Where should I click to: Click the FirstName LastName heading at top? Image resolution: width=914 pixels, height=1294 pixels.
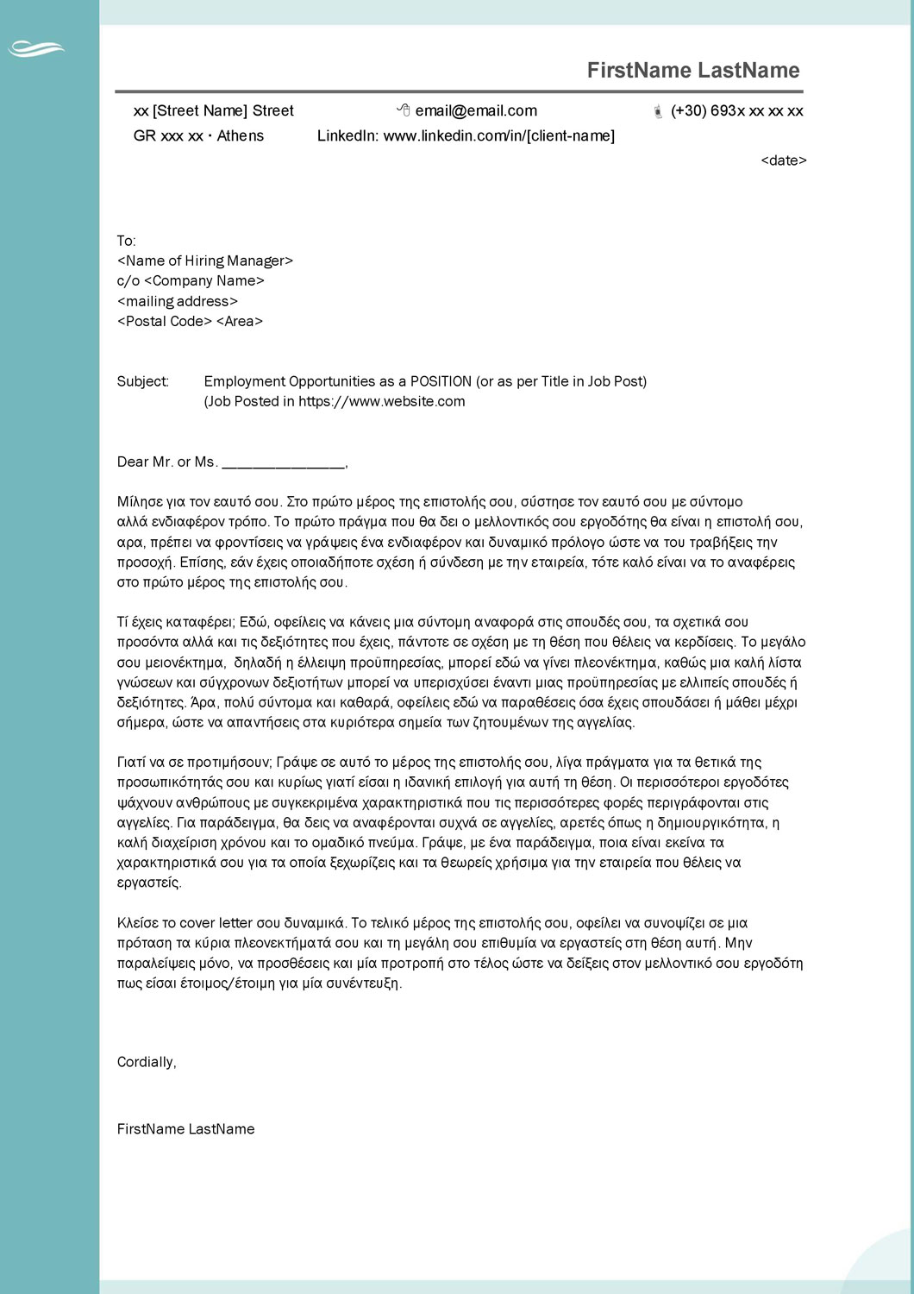click(693, 71)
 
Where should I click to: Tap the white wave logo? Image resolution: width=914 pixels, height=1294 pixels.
click(36, 49)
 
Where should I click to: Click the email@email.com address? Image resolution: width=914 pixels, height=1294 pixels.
click(476, 111)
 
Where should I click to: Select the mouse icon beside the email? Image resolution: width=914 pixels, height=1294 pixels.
click(404, 110)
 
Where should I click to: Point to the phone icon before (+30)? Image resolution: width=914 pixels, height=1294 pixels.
click(658, 111)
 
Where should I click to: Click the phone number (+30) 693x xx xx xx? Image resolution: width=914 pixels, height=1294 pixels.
click(737, 111)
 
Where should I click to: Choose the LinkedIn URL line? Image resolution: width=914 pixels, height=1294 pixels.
click(466, 136)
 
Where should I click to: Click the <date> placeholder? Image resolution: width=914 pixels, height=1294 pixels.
click(783, 160)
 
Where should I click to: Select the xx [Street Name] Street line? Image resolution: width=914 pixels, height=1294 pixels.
click(213, 111)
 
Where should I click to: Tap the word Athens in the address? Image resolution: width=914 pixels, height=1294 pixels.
click(241, 136)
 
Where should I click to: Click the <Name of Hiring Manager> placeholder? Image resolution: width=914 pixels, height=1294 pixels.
click(205, 261)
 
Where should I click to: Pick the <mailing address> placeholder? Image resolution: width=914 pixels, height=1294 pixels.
click(178, 301)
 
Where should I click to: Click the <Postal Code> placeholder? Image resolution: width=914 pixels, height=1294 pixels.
click(165, 321)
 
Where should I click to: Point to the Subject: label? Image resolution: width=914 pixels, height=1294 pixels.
click(143, 381)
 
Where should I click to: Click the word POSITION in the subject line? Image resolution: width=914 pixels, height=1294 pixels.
click(441, 381)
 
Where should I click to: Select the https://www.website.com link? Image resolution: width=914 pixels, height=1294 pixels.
click(381, 401)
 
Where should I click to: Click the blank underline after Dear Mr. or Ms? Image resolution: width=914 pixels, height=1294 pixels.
click(283, 463)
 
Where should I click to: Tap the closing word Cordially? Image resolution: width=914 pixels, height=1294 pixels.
click(146, 1062)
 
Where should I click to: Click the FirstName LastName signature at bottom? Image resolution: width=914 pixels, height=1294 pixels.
click(185, 1129)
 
